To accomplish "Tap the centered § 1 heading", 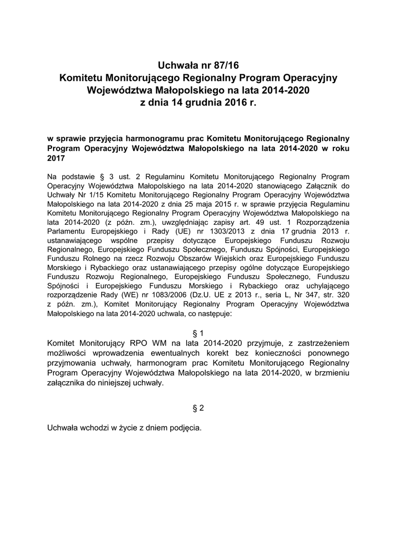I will [198, 332].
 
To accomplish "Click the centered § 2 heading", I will [198, 408].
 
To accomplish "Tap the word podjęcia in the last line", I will [185, 428].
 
